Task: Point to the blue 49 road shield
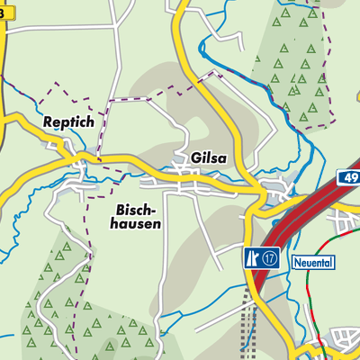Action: tap(349, 178)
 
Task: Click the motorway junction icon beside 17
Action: tap(252, 258)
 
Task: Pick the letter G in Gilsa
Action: tap(195, 158)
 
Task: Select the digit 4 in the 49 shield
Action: tap(346, 178)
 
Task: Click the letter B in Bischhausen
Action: tap(120, 210)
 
